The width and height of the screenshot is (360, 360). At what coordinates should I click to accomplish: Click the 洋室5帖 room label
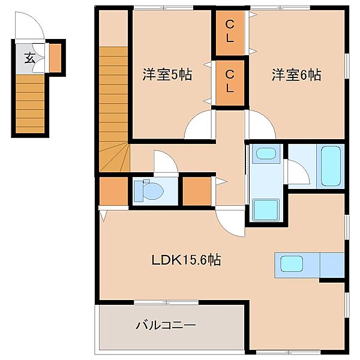coord(167,76)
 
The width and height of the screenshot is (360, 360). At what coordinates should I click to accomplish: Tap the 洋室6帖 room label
coord(296,76)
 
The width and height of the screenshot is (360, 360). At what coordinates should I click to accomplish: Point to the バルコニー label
coord(166,326)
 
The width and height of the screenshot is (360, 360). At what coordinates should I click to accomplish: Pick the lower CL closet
coord(230,82)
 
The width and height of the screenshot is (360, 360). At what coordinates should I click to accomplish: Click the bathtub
coord(331,165)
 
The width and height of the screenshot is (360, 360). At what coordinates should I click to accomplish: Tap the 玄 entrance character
coord(29,58)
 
